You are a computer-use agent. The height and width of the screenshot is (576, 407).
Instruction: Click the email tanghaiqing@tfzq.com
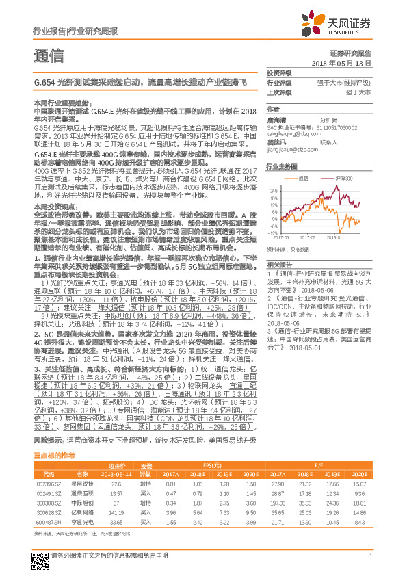click(293, 135)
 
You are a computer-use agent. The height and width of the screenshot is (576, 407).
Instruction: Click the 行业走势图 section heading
click(283, 167)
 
